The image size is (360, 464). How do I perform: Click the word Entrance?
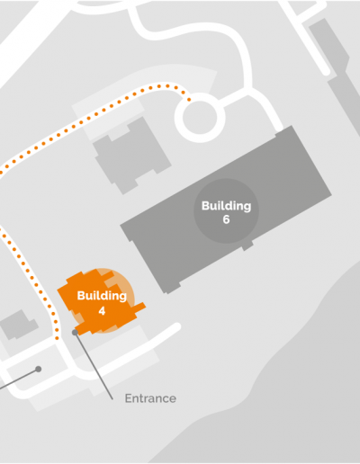point(150,398)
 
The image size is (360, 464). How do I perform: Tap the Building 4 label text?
point(102,303)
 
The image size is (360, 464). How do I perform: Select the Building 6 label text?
point(226,212)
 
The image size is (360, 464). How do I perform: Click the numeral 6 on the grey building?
point(226,219)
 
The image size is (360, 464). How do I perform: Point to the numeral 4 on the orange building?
point(102,311)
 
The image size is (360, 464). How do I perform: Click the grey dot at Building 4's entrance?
point(75,332)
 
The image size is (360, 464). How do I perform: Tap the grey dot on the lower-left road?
point(39,369)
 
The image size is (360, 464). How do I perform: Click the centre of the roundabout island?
point(200,118)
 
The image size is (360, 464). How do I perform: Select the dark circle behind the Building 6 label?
point(226,211)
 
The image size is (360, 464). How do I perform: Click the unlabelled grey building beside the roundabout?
point(132,156)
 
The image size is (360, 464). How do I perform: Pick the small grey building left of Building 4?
point(19,325)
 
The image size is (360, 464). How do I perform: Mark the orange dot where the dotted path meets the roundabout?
point(189,100)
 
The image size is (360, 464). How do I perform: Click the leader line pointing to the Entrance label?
point(94,366)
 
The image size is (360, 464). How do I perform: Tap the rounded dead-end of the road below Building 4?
point(176,326)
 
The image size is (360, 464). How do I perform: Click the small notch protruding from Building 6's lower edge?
point(247,245)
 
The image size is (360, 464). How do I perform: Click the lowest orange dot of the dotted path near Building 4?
point(58,338)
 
